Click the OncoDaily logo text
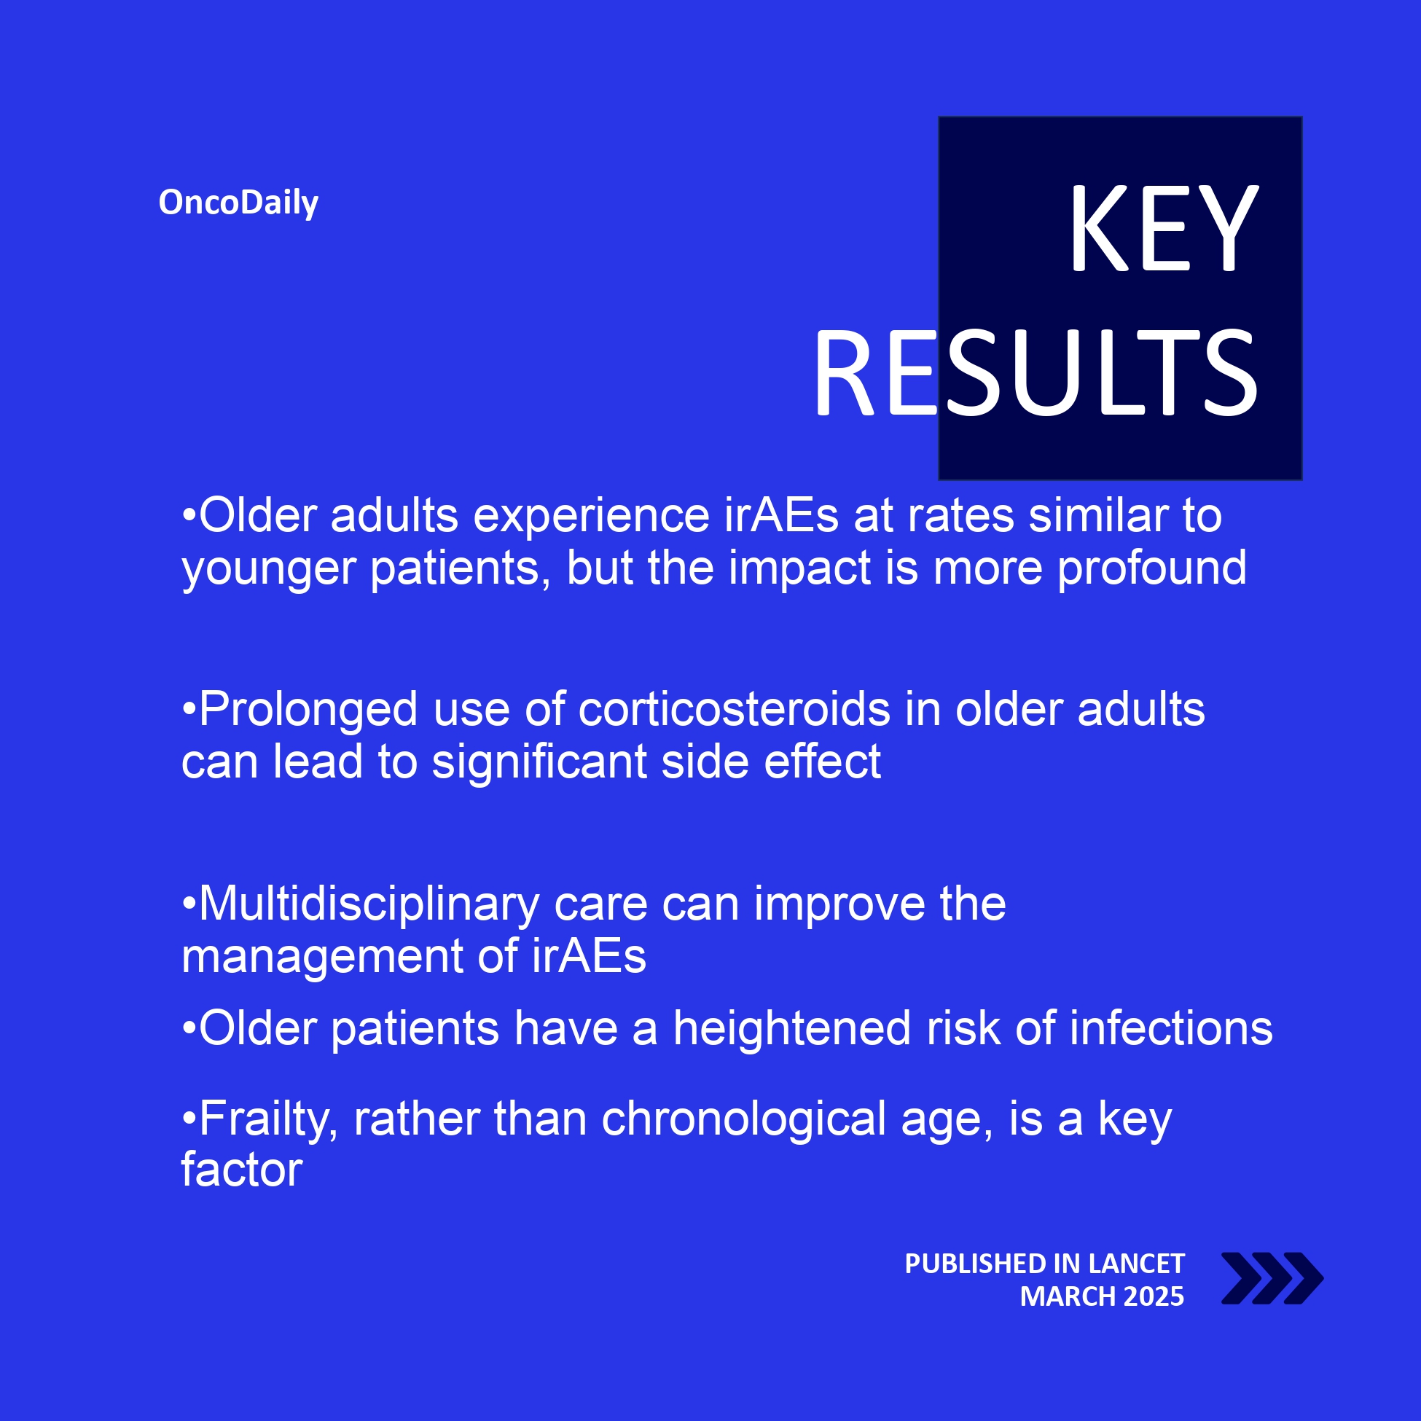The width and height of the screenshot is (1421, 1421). point(238,203)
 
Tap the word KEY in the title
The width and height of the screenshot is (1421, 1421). point(1164,228)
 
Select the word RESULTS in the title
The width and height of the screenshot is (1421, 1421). point(1036,373)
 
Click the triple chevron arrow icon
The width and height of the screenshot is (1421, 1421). point(1272,1278)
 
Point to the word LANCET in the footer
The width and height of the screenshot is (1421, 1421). point(1135,1264)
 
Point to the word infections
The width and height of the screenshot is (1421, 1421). point(1171,1028)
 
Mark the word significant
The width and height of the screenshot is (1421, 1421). point(539,762)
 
